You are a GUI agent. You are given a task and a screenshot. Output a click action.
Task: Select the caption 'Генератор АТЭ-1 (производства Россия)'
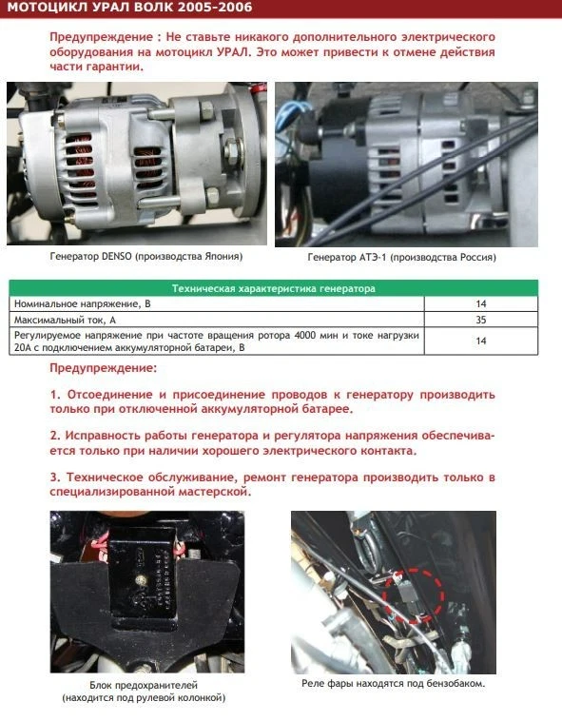tap(401, 258)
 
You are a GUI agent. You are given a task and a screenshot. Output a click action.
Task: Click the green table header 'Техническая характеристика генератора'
tap(272, 287)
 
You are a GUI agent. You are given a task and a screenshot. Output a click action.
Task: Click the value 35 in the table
tap(480, 320)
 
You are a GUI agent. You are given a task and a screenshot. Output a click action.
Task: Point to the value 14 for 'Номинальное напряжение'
tap(480, 303)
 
